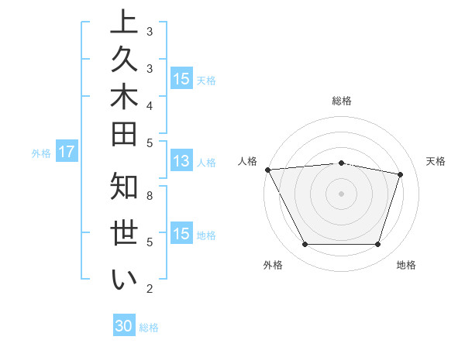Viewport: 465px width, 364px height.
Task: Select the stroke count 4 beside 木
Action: click(150, 105)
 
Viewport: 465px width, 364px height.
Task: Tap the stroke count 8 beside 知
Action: click(150, 196)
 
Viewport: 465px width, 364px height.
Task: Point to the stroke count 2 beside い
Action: click(150, 289)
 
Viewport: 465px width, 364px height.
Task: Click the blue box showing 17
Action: click(67, 153)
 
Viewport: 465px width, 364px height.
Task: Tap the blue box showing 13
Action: click(181, 162)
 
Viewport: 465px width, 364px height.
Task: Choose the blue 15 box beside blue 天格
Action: click(181, 79)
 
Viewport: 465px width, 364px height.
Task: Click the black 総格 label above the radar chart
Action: click(342, 101)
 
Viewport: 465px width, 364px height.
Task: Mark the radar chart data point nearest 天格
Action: click(400, 174)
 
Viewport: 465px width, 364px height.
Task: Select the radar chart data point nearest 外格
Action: click(305, 245)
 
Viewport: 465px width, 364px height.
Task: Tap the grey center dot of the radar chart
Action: click(341, 193)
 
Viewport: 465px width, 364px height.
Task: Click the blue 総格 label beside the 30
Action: click(149, 328)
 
